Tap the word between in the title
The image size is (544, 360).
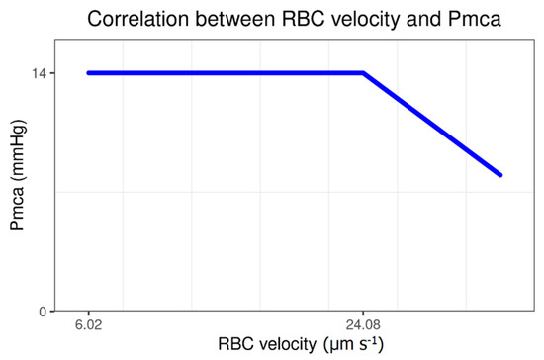click(x=225, y=19)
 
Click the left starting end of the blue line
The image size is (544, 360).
click(x=89, y=72)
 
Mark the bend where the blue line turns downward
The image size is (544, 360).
click(x=363, y=72)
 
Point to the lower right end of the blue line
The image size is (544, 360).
click(x=501, y=175)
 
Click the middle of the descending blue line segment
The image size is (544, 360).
click(x=432, y=124)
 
